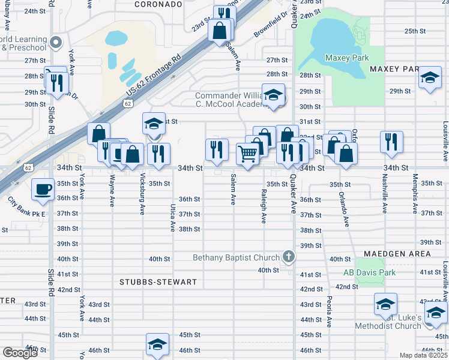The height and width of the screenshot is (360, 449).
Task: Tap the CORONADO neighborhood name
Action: coord(158,4)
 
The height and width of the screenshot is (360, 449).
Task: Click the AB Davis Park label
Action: coord(369,272)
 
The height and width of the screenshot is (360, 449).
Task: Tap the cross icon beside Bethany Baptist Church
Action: coord(289,257)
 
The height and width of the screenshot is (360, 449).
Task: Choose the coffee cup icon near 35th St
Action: coord(42,188)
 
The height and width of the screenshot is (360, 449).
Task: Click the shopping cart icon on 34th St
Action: coord(247,154)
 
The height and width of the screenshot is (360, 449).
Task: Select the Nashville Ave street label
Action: coord(385,193)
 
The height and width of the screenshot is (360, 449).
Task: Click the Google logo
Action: coord(20,353)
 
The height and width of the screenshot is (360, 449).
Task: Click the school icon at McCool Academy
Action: coord(274,95)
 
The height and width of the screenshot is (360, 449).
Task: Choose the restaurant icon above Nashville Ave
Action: coord(391,142)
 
